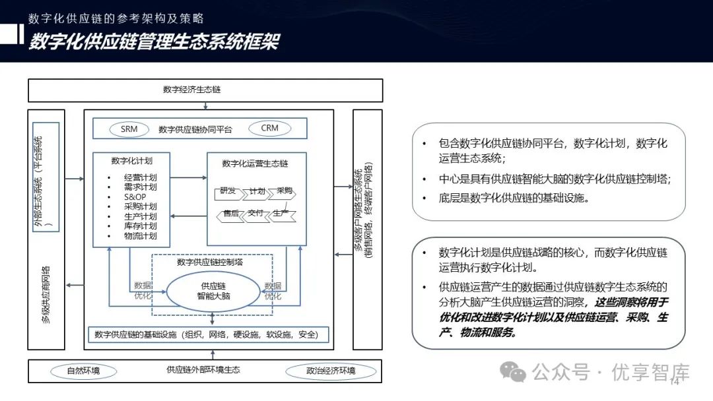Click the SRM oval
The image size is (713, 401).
[129, 129]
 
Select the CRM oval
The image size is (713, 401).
[269, 129]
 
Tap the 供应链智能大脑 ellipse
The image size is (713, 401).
[213, 291]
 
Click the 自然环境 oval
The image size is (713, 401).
[83, 371]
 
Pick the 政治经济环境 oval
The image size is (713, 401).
[331, 371]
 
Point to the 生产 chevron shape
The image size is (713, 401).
[281, 214]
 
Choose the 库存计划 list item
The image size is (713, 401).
[140, 226]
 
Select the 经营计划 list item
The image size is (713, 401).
[140, 177]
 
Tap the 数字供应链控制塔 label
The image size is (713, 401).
[210, 262]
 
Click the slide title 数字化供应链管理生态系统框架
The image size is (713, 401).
[154, 42]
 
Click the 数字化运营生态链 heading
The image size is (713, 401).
[255, 163]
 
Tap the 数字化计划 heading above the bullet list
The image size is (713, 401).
[132, 160]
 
